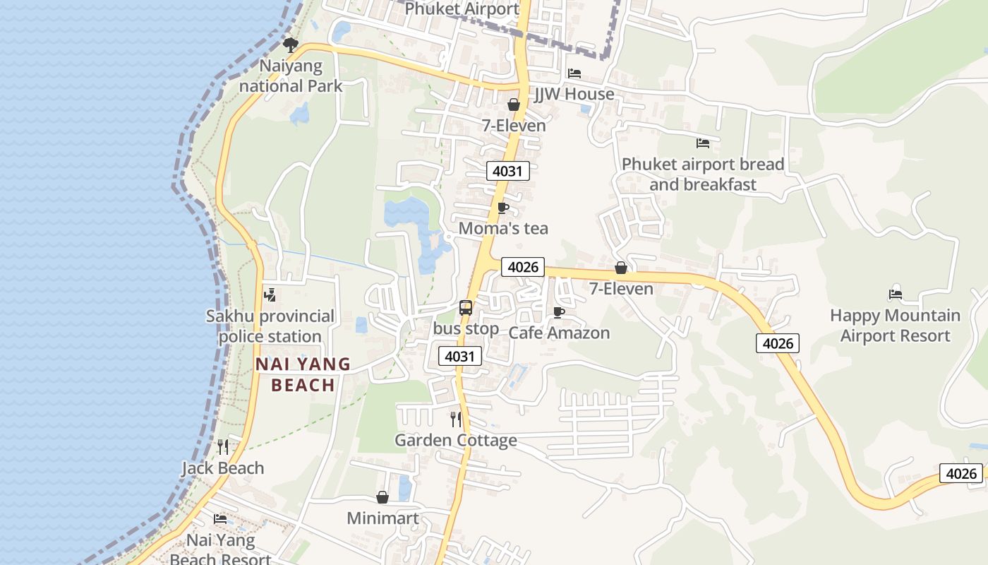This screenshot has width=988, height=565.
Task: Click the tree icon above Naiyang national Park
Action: pos(290,45)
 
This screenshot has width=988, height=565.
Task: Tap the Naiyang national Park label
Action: pos(291,76)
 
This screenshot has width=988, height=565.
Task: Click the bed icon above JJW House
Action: pos(574,73)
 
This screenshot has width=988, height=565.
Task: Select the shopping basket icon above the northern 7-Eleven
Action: pos(514,105)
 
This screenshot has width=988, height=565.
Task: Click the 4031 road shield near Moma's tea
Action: pos(507,171)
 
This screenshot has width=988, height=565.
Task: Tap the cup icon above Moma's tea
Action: pos(502,208)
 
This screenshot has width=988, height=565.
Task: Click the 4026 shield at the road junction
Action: pos(523,267)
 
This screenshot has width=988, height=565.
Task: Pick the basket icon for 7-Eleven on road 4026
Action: pos(621,268)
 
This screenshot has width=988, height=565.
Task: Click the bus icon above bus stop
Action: pos(466,307)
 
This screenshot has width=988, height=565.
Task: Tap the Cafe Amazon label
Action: pos(559,333)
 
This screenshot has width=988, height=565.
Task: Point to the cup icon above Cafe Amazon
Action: pos(559,312)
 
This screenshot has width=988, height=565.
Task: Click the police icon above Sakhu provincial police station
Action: pos(270,295)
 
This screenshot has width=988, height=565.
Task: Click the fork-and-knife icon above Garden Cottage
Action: pos(456,420)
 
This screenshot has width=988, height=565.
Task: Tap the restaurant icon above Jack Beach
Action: pos(223,446)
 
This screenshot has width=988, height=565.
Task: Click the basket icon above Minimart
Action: pos(382,497)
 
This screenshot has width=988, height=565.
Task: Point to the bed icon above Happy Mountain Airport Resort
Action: pos(896,295)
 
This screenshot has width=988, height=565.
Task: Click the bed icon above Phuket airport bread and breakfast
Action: pos(703,143)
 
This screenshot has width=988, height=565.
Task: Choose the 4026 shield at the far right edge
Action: pos(961,473)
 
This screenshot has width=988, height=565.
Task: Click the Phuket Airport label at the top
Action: pos(462,9)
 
